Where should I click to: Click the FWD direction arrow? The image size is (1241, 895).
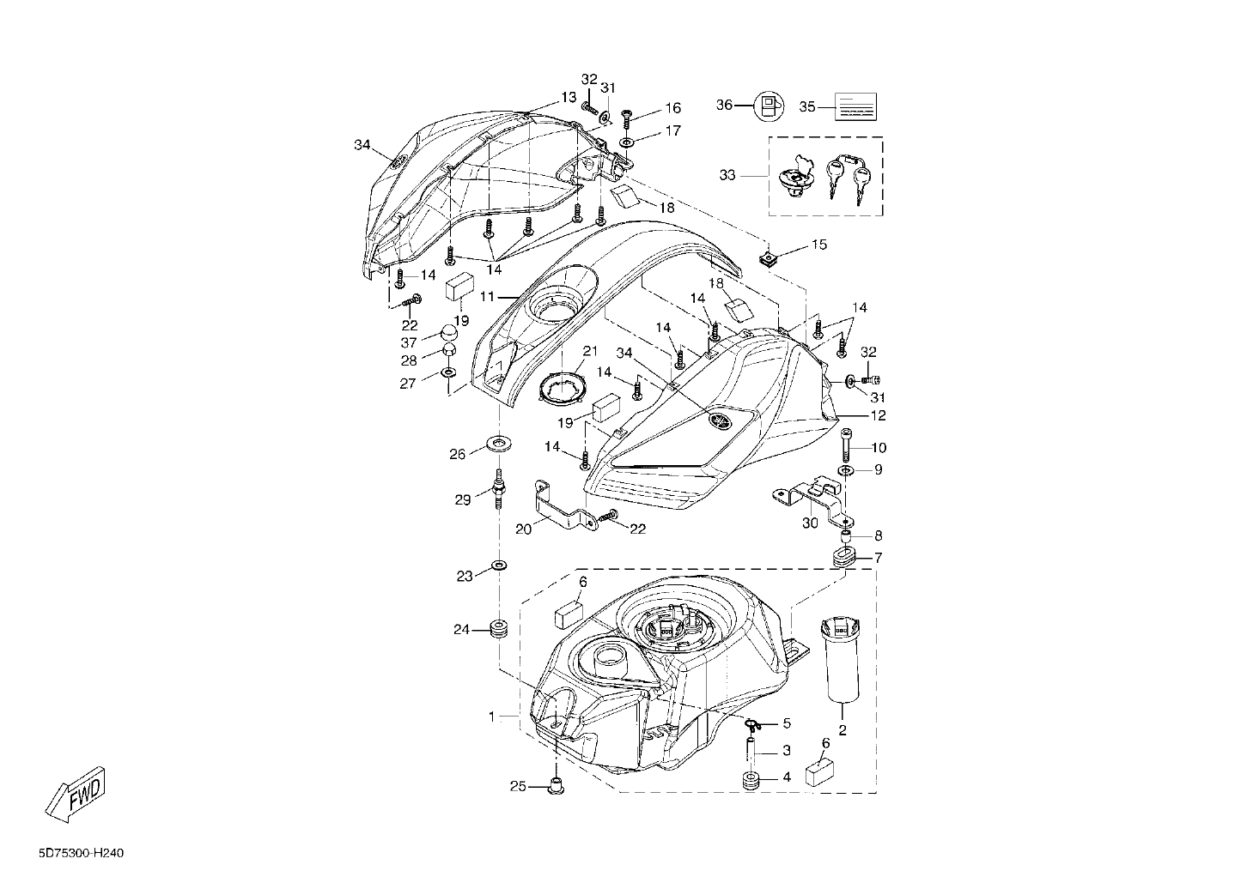click(74, 795)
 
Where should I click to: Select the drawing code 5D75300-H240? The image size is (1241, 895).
click(82, 854)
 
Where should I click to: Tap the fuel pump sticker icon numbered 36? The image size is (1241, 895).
click(770, 106)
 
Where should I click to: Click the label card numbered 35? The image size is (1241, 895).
click(855, 106)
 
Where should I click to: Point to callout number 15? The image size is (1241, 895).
click(818, 245)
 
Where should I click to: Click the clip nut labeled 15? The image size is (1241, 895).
click(766, 258)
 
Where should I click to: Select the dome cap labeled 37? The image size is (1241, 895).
click(450, 333)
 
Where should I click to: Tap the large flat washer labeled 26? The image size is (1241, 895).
click(499, 444)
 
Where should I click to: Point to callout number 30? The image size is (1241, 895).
click(810, 523)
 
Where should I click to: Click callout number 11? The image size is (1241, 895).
click(486, 297)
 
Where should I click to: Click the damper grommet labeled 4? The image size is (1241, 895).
click(751, 777)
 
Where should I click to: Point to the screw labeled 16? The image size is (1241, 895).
click(627, 118)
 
